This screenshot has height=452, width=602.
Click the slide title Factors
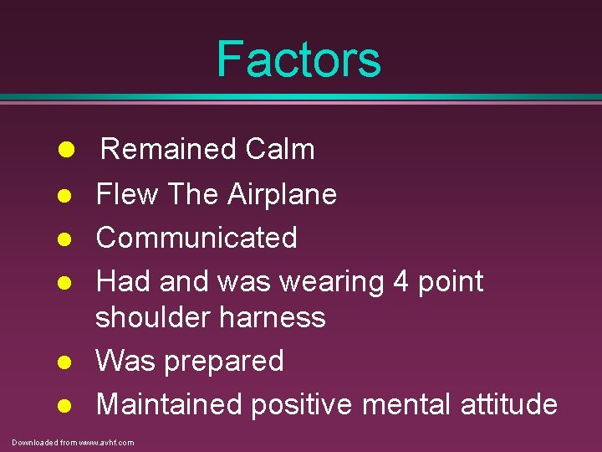(298, 59)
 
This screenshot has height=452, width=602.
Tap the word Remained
(157, 150)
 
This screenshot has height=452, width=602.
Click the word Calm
(268, 150)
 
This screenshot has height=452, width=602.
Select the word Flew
(127, 194)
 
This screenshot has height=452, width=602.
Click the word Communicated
(196, 238)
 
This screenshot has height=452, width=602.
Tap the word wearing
(331, 282)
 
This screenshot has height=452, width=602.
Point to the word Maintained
(171, 404)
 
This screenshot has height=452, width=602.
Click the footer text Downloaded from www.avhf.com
(73, 442)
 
